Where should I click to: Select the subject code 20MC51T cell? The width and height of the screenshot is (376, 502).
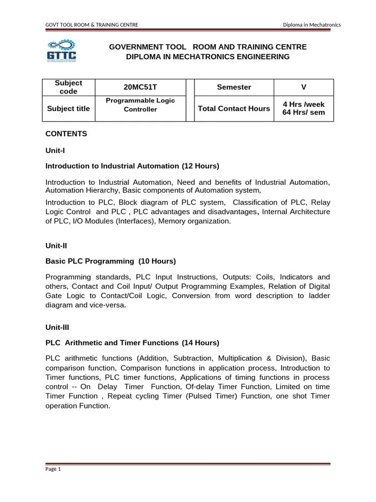(x=140, y=87)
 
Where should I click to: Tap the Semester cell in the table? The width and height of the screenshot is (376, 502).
(x=234, y=87)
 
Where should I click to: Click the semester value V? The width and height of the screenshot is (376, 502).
(x=304, y=87)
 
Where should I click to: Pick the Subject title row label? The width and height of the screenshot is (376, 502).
(x=68, y=108)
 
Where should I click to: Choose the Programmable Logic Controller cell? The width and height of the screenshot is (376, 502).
(x=140, y=105)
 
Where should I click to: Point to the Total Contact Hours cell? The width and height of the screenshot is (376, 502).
(x=234, y=108)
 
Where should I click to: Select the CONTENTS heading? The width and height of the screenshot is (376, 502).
(x=66, y=133)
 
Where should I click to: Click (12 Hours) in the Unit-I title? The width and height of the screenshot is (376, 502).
(x=200, y=166)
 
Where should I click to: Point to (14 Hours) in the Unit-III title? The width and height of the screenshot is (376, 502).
(x=200, y=342)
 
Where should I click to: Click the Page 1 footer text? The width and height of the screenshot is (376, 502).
(x=53, y=469)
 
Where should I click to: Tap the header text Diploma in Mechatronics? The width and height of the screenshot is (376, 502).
(x=312, y=25)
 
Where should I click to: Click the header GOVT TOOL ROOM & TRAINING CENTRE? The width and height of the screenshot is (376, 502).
(x=92, y=25)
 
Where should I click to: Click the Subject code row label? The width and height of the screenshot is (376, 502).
(x=68, y=87)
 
